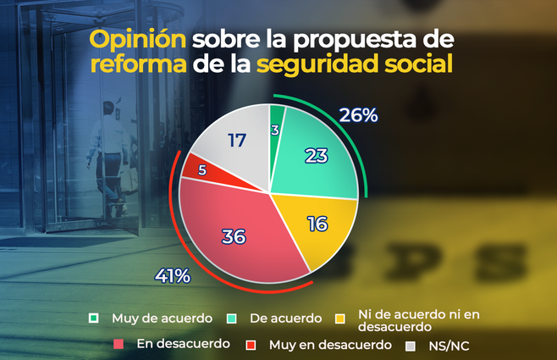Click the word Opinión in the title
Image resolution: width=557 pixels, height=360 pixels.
(137, 40)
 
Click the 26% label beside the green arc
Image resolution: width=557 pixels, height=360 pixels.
(358, 115)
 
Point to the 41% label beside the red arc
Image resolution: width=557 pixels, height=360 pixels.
(173, 275)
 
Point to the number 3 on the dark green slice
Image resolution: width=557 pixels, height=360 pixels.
(276, 129)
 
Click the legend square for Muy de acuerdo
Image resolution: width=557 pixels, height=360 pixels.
(96, 318)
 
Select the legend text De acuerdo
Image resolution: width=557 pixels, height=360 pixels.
(287, 318)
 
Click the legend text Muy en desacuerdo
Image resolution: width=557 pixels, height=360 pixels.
(330, 345)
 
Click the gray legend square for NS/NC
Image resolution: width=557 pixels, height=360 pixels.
(411, 345)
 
